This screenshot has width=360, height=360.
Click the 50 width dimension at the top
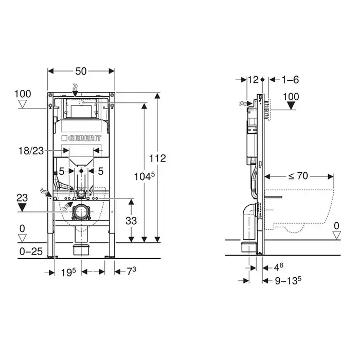pyautogui.click(x=81, y=71)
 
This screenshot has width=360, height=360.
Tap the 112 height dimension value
pyautogui.click(x=157, y=158)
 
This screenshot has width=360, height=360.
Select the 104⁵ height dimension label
pyautogui.click(x=145, y=176)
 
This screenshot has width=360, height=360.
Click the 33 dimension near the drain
pyautogui.click(x=131, y=221)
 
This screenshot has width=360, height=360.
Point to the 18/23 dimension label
pyautogui.click(x=31, y=151)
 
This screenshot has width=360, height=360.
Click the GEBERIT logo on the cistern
pyautogui.click(x=81, y=138)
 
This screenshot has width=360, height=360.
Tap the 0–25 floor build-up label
pyautogui.click(x=31, y=251)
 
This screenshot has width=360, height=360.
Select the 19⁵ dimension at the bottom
pyautogui.click(x=68, y=272)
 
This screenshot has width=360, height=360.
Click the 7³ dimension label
pyautogui.click(x=132, y=272)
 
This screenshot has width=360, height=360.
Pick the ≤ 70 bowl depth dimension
pyautogui.click(x=298, y=176)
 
